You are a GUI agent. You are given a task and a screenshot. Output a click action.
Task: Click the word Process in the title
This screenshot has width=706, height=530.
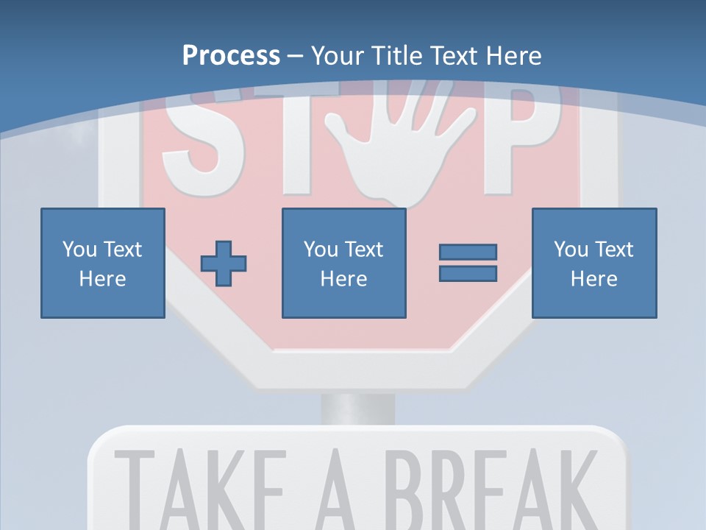231,55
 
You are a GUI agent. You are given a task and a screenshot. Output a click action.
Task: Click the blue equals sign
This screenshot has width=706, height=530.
468,263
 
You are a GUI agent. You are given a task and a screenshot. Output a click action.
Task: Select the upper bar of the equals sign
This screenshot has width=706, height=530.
468,252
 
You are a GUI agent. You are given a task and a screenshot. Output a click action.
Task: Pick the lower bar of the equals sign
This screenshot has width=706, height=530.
468,273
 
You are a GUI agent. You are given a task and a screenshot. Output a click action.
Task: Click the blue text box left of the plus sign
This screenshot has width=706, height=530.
102,263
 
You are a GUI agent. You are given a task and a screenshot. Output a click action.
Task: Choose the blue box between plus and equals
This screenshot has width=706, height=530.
343,263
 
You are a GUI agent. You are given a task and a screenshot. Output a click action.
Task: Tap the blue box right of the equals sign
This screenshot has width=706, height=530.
593,263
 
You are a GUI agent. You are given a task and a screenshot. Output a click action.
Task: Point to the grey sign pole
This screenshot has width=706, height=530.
357,409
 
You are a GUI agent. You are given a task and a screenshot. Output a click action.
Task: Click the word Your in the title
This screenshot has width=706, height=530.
338,55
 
